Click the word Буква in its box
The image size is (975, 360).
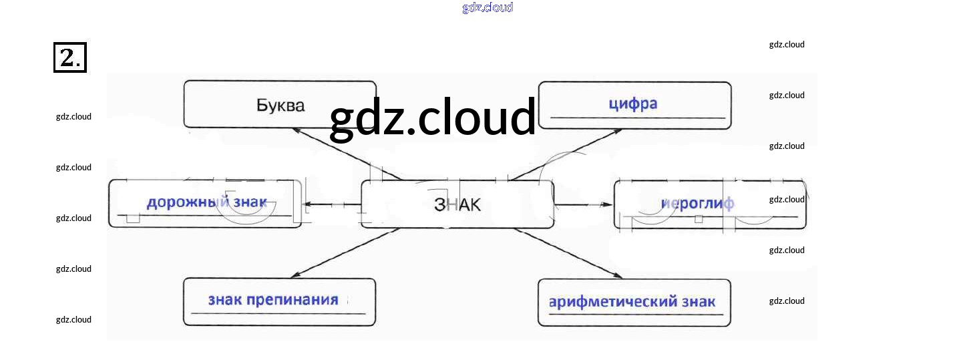[280, 105]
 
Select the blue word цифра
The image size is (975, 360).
[633, 104]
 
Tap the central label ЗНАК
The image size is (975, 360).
[457, 204]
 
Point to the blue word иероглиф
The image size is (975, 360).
[697, 203]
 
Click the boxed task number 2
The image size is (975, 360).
[69, 57]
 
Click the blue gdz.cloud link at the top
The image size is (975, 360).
[487, 7]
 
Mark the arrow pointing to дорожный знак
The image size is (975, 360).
[331, 204]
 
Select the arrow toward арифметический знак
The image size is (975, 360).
[568, 253]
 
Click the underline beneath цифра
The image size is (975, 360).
[637, 118]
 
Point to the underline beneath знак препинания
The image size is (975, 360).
[278, 313]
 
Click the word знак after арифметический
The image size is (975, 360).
[698, 302]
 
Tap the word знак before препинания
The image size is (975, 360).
[224, 299]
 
